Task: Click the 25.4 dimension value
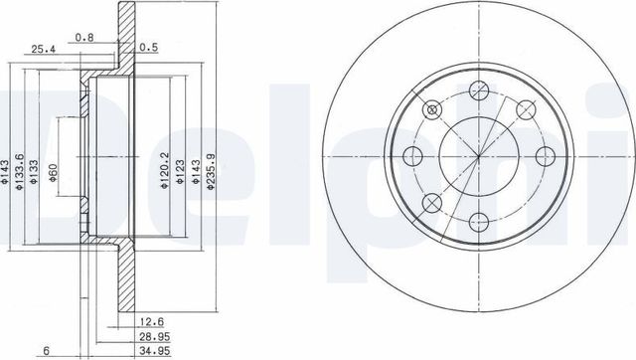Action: tap(43, 47)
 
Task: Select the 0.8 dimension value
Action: tap(85, 38)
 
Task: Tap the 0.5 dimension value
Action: tap(150, 47)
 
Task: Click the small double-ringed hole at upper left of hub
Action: tap(430, 109)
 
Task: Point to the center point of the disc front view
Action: tap(477, 157)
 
